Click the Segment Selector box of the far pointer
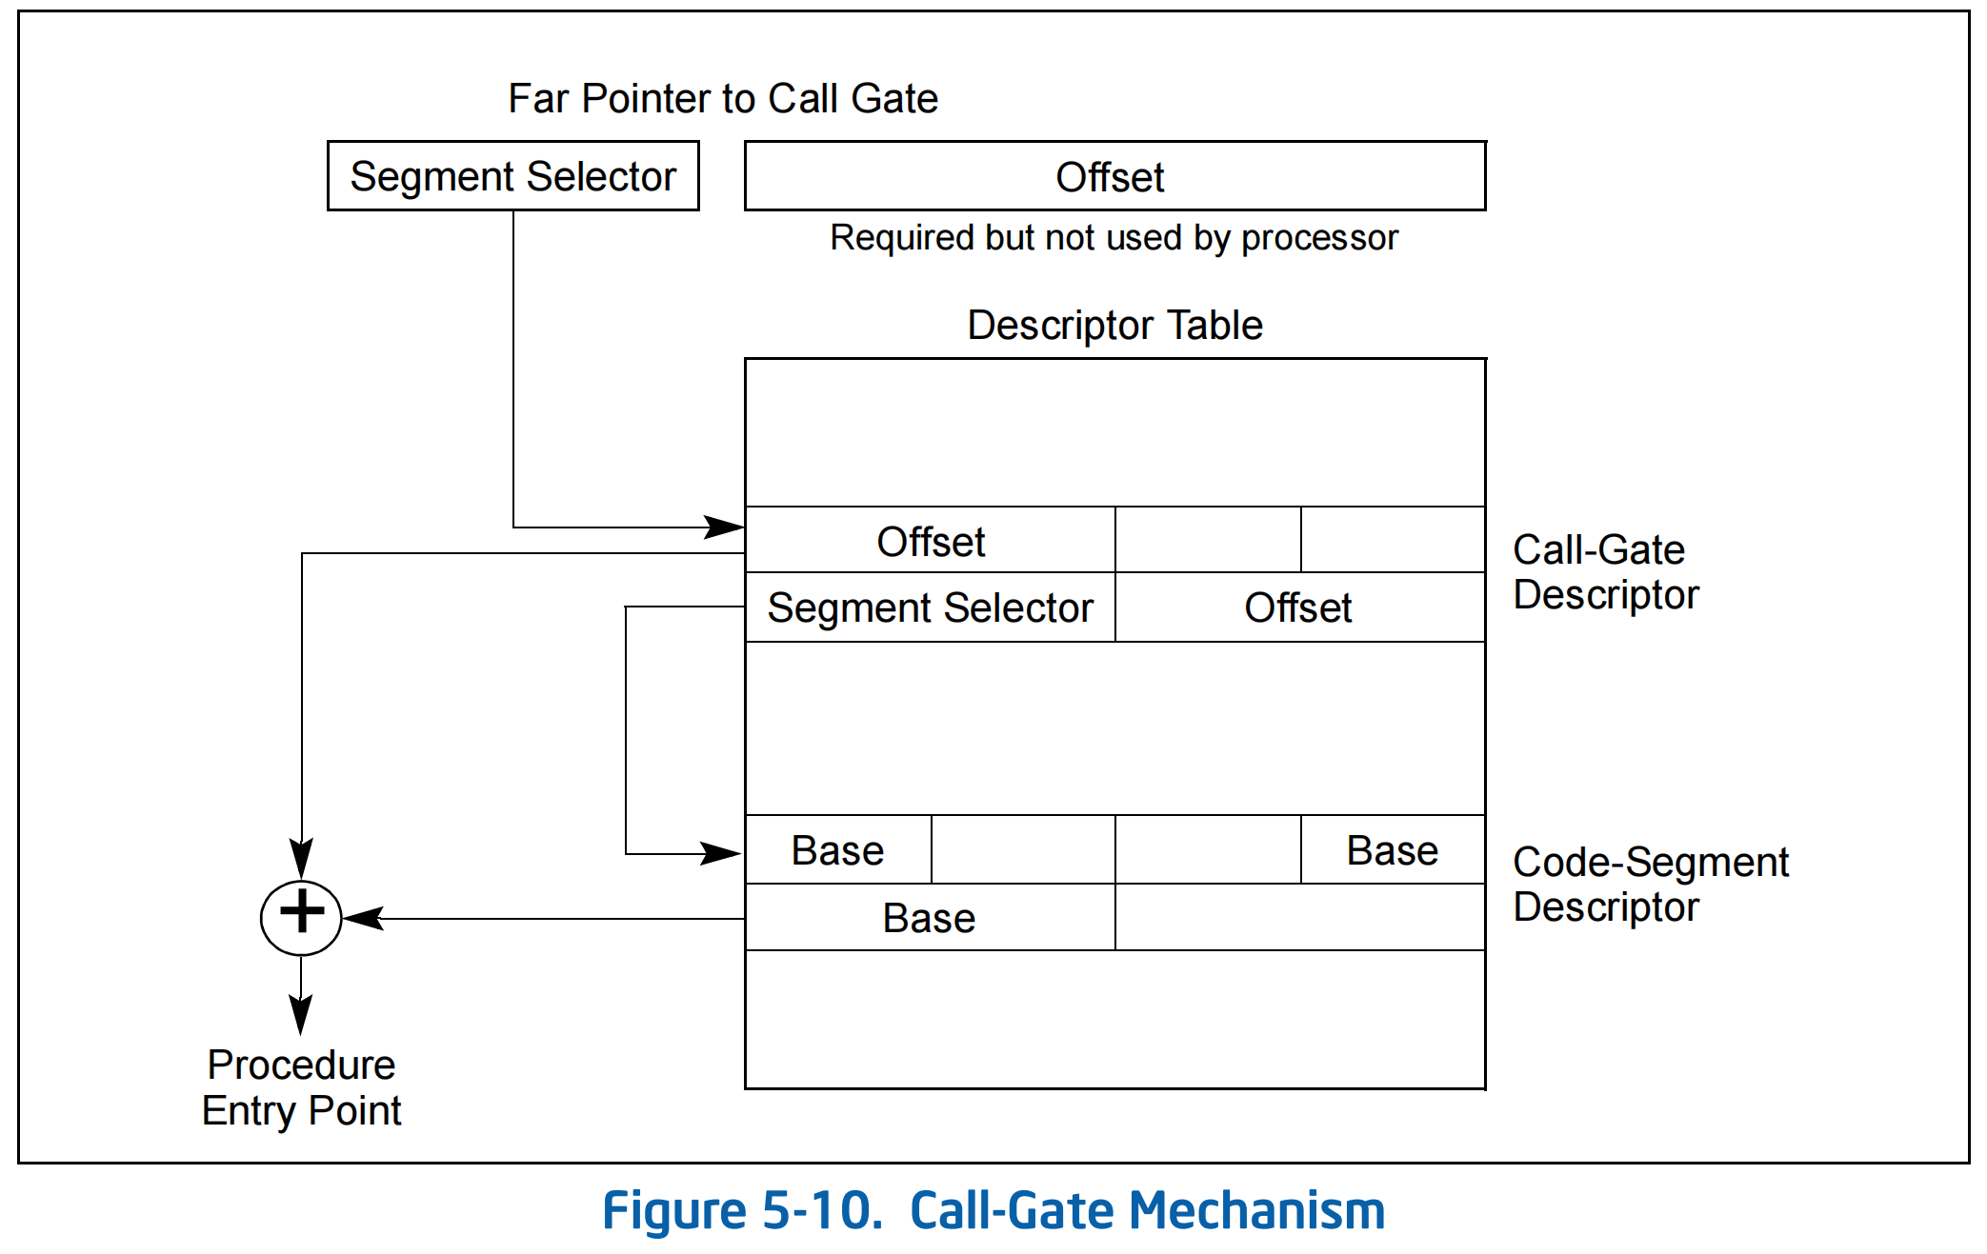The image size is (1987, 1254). (x=512, y=176)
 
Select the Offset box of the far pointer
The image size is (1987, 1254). (x=1114, y=176)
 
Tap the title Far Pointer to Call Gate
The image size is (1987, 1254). (x=722, y=99)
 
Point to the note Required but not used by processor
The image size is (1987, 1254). (x=1114, y=238)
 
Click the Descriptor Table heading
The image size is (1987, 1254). (x=1114, y=326)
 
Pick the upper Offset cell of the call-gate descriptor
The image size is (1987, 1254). (x=930, y=541)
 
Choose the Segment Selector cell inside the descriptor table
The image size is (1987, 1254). (x=930, y=607)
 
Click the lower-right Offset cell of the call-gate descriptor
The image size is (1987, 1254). (x=1298, y=607)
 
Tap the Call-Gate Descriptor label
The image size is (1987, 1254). (x=1605, y=572)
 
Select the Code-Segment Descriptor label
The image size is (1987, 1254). (x=1650, y=885)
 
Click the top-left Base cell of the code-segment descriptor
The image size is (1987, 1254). (x=837, y=850)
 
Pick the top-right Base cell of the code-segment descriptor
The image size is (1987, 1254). (x=1392, y=850)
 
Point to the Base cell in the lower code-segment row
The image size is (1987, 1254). (x=929, y=918)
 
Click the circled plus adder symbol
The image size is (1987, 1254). (x=301, y=918)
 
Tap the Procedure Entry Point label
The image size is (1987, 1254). (x=301, y=1087)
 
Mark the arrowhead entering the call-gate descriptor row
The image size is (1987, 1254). (x=726, y=527)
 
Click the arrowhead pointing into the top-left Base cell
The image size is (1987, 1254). (x=722, y=853)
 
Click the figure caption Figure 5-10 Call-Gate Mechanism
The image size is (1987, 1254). (x=993, y=1211)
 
